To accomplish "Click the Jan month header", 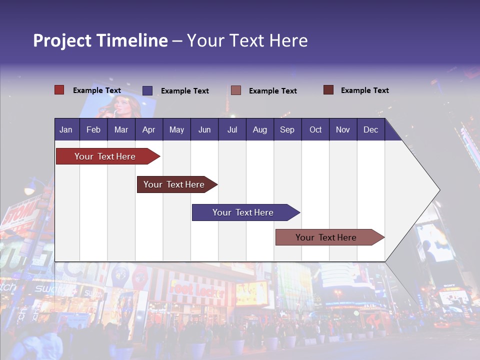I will [66, 130].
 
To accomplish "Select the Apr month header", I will [149, 130].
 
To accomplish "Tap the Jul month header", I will [232, 130].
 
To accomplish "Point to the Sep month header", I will [287, 130].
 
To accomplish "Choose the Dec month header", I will [370, 130].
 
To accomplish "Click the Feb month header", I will [93, 130].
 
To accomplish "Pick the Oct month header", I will [315, 130].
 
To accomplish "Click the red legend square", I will [59, 90].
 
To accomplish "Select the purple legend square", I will [147, 90].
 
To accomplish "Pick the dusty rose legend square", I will [236, 90].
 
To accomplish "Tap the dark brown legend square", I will [328, 90].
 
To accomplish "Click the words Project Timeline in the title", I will [100, 40].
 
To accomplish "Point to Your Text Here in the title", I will [247, 40].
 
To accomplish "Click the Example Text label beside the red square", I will [97, 90].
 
